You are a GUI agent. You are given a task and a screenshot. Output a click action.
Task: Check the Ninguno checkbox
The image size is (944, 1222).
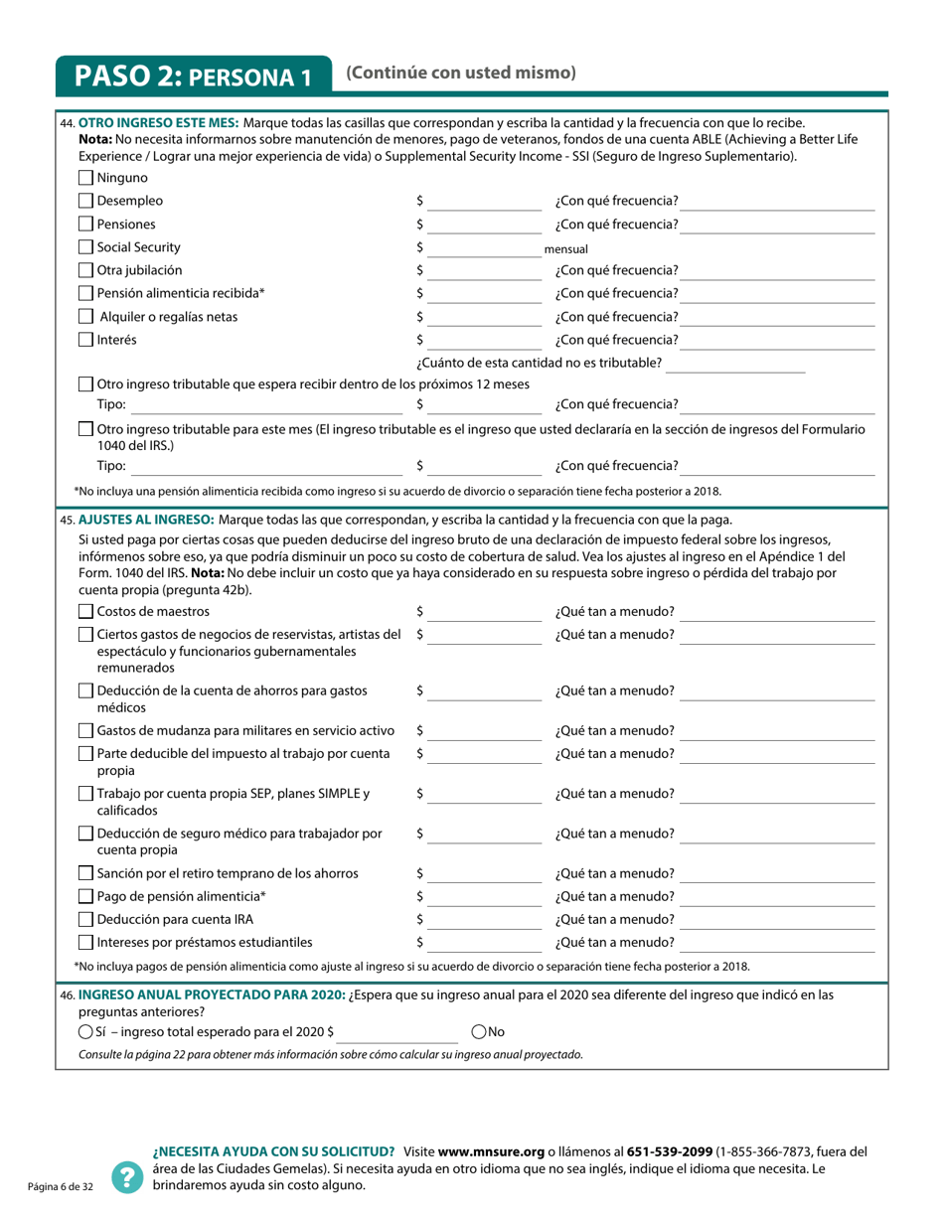pyautogui.click(x=85, y=179)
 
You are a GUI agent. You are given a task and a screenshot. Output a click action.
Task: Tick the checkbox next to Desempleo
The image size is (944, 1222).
pyautogui.click(x=85, y=202)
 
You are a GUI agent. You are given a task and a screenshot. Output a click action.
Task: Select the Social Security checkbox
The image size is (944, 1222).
pyautogui.click(x=85, y=247)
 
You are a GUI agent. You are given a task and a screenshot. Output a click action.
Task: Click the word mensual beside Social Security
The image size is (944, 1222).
pyautogui.click(x=566, y=249)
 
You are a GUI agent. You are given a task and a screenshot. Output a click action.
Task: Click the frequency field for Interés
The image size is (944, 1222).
pyautogui.click(x=779, y=341)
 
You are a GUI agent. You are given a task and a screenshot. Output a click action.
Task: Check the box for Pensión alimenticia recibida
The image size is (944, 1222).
pyautogui.click(x=85, y=294)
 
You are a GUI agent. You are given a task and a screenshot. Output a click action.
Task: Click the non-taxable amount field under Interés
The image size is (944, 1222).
pyautogui.click(x=735, y=364)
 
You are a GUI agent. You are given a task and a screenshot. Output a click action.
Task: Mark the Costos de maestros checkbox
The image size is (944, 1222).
pyautogui.click(x=85, y=612)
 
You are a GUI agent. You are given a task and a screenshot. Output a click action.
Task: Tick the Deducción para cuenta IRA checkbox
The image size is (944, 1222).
pyautogui.click(x=85, y=920)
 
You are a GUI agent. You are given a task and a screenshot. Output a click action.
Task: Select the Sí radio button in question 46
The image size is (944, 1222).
pyautogui.click(x=85, y=1032)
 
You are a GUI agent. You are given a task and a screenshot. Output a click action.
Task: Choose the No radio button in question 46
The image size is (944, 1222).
pyautogui.click(x=479, y=1032)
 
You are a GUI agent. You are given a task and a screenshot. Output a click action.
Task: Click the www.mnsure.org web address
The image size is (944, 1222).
pyautogui.click(x=492, y=1151)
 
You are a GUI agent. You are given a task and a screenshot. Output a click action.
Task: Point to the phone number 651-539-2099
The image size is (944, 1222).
pyautogui.click(x=670, y=1151)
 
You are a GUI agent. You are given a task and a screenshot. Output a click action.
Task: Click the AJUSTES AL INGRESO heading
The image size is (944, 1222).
pyautogui.click(x=145, y=520)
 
